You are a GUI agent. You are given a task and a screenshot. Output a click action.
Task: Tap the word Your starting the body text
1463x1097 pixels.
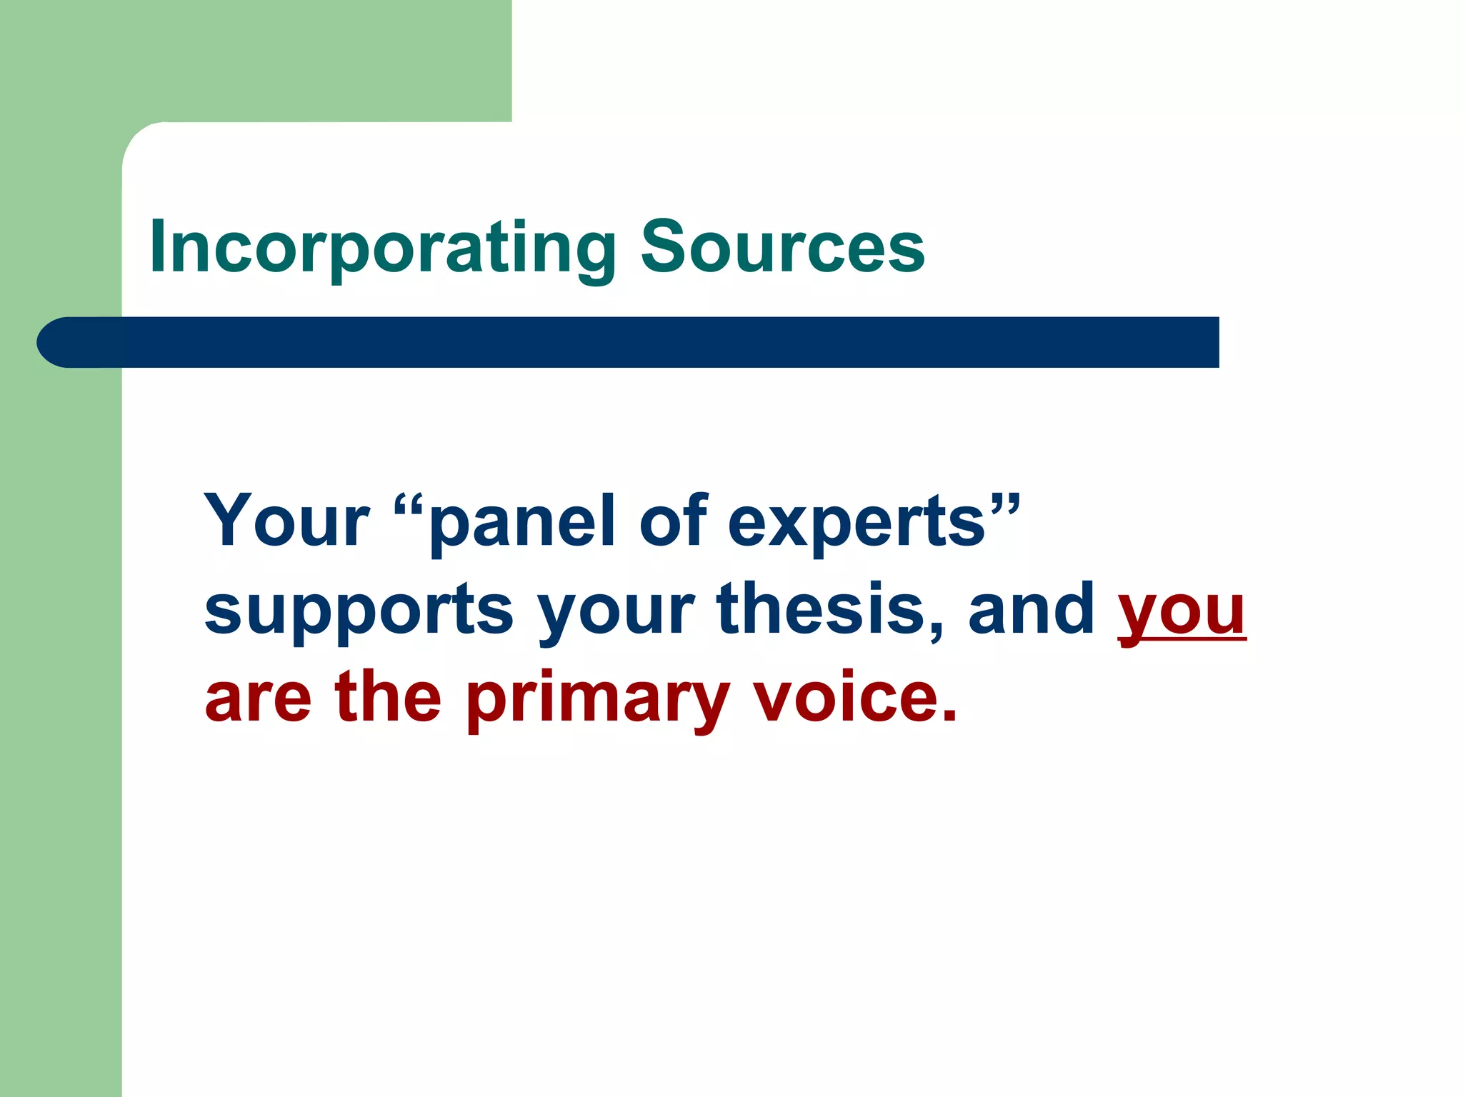[x=286, y=521]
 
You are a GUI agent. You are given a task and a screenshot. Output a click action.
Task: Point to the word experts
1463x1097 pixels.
[x=857, y=525]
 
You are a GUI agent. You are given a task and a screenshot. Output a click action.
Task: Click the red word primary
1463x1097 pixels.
[x=597, y=700]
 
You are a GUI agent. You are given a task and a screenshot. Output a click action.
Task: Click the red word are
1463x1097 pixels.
[x=258, y=700]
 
